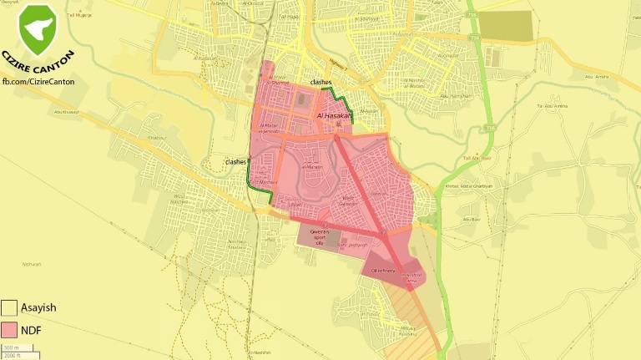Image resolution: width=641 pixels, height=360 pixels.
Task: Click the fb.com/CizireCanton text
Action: coord(38,80)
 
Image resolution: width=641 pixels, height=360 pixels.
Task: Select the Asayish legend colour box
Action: coord(10,307)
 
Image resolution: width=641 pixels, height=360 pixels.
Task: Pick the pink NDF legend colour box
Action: coord(10,330)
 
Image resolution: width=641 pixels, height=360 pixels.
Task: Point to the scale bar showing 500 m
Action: coord(18,350)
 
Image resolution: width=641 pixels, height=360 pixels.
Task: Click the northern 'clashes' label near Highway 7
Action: coord(321,82)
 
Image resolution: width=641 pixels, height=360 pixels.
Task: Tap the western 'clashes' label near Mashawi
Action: coord(235,161)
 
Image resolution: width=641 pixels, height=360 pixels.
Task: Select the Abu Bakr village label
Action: coord(472,220)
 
